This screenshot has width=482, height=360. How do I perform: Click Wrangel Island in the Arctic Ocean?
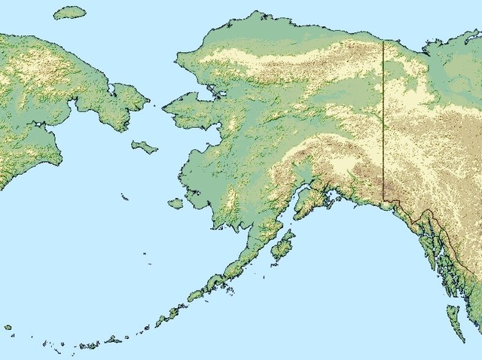pyautogui.click(x=70, y=12)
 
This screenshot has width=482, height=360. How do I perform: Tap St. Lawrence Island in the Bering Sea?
pyautogui.click(x=144, y=146)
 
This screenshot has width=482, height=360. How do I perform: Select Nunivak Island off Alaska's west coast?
pyautogui.click(x=175, y=203)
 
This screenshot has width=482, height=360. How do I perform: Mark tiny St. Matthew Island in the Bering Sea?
pyautogui.click(x=124, y=197)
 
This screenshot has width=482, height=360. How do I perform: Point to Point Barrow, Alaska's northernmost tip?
pyautogui.click(x=260, y=13)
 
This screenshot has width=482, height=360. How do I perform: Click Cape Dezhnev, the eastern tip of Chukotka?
pyautogui.click(x=147, y=96)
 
